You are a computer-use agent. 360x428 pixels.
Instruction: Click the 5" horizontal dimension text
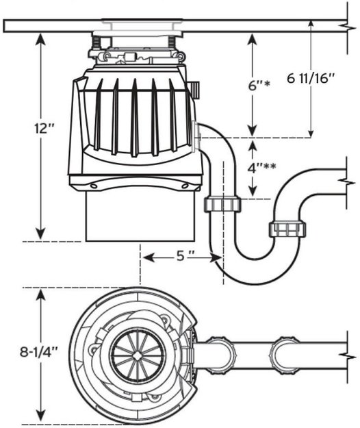coord(183,257)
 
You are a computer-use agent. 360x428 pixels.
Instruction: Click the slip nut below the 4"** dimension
coord(223,204)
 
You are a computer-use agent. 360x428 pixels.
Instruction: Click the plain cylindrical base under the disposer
coord(140,216)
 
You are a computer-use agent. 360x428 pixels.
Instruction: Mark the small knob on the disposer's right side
coord(194,88)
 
